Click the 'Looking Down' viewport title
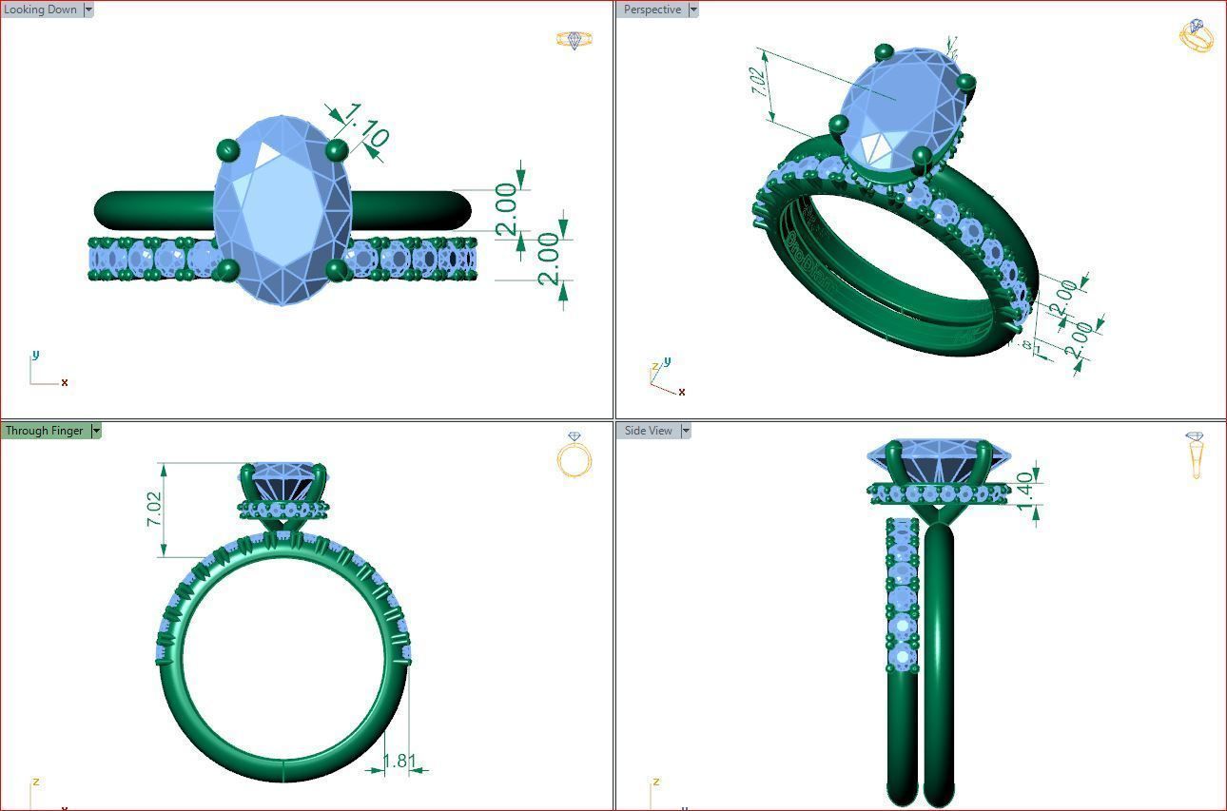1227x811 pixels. [x=41, y=10]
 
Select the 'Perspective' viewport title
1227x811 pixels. [x=652, y=10]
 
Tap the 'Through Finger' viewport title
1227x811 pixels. [x=44, y=431]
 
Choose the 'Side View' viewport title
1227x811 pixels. [x=648, y=431]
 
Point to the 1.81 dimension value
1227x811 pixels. [x=399, y=761]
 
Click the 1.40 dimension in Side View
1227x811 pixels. [x=1024, y=490]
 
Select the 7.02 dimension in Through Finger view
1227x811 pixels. [x=154, y=510]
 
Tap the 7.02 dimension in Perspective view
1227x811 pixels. [x=759, y=82]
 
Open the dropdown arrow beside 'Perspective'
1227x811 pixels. [x=692, y=10]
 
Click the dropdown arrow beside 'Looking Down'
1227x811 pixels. [x=88, y=10]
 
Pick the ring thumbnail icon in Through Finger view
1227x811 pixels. [x=575, y=455]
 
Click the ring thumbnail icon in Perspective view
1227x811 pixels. [x=1197, y=35]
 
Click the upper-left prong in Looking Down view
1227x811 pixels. [x=228, y=149]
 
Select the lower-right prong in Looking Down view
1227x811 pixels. [x=336, y=271]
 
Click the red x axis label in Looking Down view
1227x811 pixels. [x=65, y=382]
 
